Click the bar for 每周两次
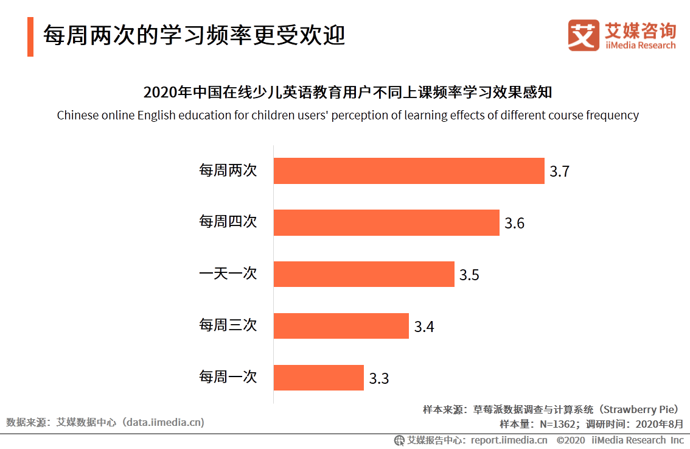[408, 171]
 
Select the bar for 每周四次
[386, 222]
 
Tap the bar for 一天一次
[364, 274]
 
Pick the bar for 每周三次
[341, 326]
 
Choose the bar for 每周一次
[318, 378]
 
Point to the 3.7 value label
[559, 172]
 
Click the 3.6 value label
[514, 224]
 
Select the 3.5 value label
[469, 275]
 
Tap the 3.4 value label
[424, 327]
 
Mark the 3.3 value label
[378, 379]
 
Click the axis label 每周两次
[228, 171]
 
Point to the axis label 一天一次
[228, 274]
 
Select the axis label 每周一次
[228, 377]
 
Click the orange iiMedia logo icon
[584, 35]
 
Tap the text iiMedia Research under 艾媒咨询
[640, 45]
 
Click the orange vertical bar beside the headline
[30, 37]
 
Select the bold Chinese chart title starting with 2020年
[347, 93]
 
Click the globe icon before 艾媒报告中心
[399, 440]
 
